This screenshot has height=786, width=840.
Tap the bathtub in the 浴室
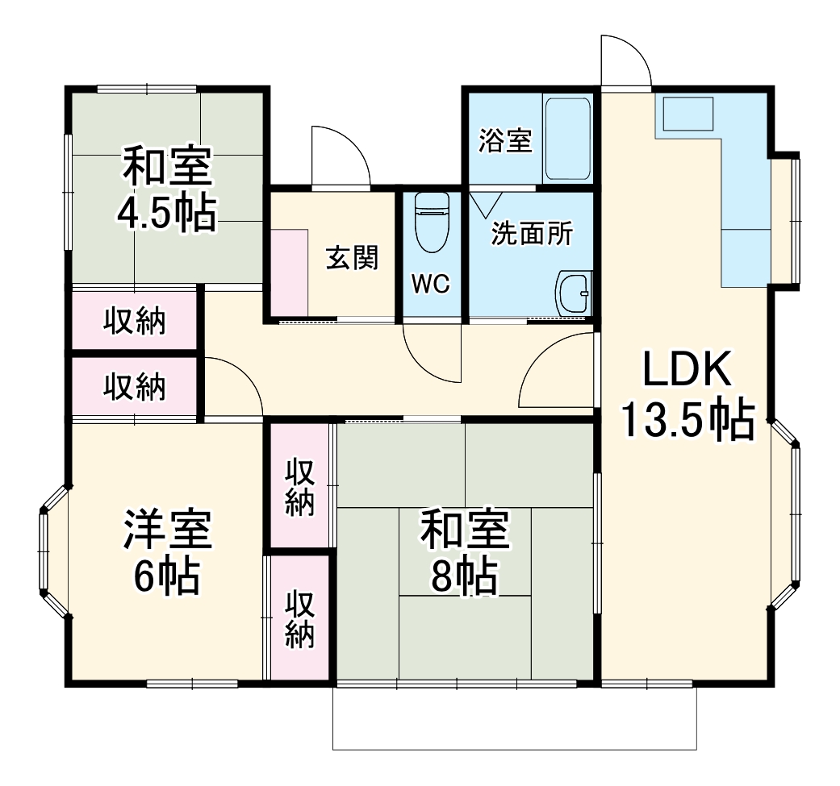tap(567, 139)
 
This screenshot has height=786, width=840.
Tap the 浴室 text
tap(505, 140)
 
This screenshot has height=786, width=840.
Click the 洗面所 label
tap(532, 234)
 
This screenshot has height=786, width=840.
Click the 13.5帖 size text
tap(687, 418)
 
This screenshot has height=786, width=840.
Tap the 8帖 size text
tap(463, 575)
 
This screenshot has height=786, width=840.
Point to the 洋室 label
tap(167, 529)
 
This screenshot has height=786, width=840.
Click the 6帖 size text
tap(167, 576)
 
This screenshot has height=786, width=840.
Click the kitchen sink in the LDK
tap(687, 114)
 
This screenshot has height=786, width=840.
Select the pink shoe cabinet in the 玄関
tap(289, 272)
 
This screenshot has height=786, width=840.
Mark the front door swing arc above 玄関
tap(341, 156)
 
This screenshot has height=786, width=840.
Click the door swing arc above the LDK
tap(626, 60)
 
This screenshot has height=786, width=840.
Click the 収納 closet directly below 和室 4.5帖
tap(134, 321)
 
